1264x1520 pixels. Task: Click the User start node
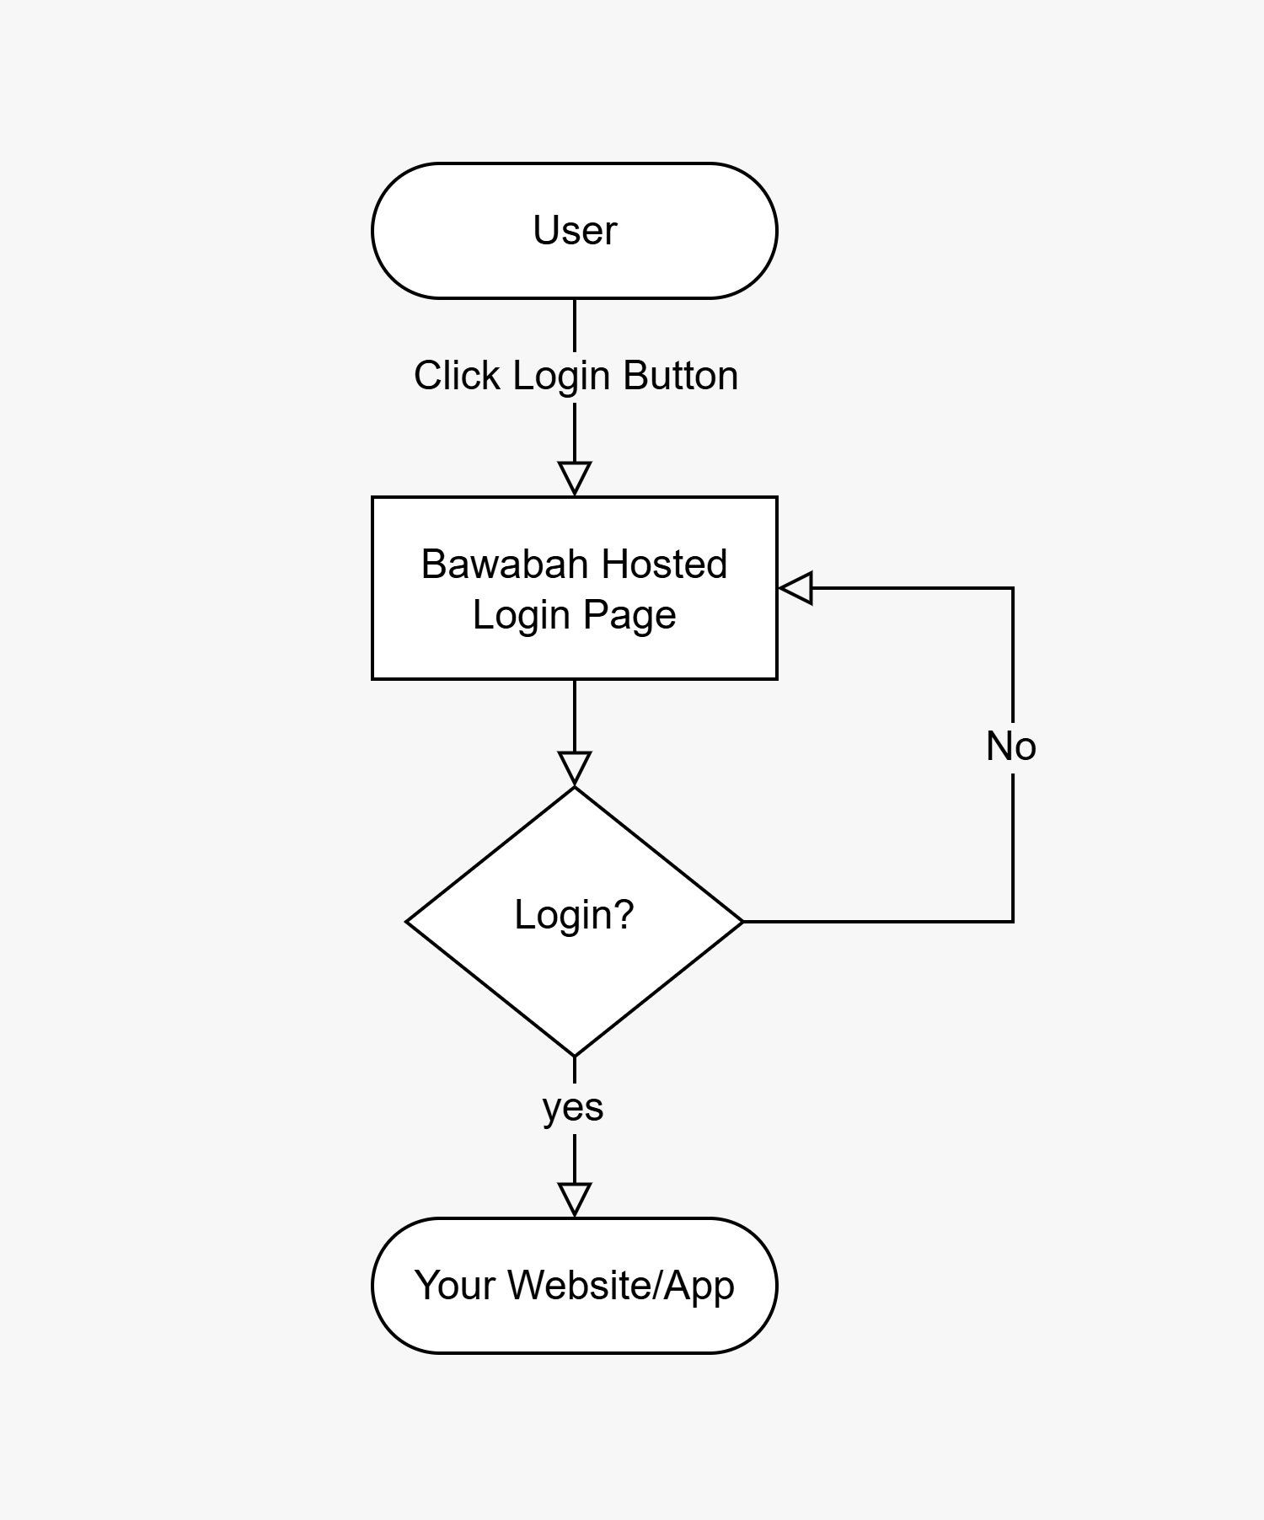tap(574, 230)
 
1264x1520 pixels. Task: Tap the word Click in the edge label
tap(456, 376)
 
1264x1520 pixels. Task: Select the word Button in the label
tap(680, 376)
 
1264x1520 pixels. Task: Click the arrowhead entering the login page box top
tap(575, 478)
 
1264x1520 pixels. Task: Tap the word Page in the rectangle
tap(629, 615)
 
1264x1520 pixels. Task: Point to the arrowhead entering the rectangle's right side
tap(796, 587)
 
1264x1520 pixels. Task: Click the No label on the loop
tap(1010, 747)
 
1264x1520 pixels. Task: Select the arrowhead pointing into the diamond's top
tap(575, 768)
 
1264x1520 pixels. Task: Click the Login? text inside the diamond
tap(574, 915)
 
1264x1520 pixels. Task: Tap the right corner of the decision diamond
tap(742, 922)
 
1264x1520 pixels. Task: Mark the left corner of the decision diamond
tap(408, 922)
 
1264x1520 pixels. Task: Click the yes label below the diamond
tap(573, 1107)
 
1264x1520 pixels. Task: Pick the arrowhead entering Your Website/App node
tap(575, 1199)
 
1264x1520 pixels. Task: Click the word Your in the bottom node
tap(455, 1286)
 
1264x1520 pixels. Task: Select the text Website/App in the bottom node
tap(621, 1286)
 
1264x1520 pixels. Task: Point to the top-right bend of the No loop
tap(1012, 588)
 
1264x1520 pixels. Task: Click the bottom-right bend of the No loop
tap(1012, 922)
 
